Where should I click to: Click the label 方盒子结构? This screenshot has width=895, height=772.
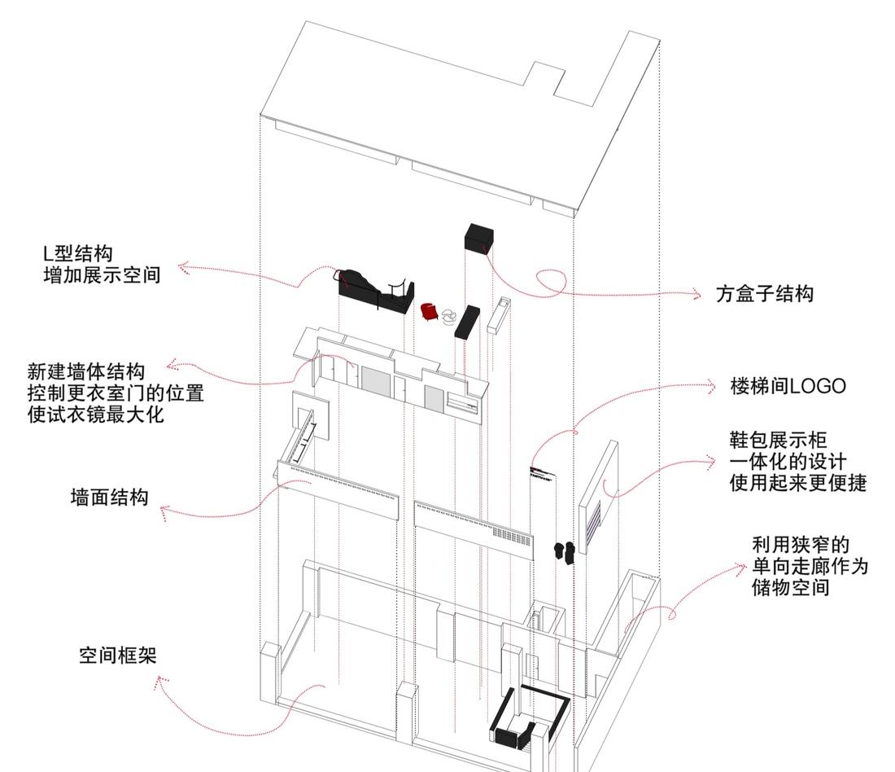pos(764,294)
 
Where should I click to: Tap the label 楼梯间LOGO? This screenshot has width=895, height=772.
pos(788,386)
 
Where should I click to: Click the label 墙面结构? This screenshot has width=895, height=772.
pos(109,496)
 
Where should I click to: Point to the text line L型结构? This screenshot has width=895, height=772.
pos(88,253)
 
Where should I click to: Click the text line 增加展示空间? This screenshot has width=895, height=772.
pos(102,275)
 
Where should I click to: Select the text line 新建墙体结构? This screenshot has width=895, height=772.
pos(85,371)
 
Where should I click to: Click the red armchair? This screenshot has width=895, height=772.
pos(430,310)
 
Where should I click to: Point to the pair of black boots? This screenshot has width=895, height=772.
pos(565,552)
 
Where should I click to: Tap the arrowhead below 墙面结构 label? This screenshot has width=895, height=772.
pos(164,513)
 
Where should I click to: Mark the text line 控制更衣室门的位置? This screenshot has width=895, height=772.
pos(115,393)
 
